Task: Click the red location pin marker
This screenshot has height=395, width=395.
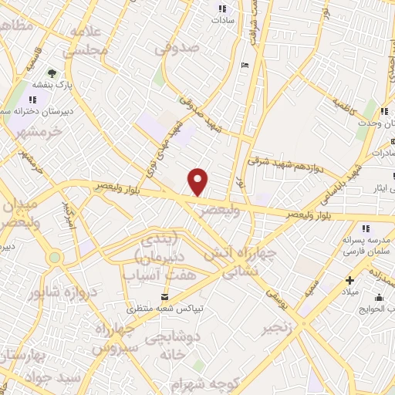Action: point(198,182)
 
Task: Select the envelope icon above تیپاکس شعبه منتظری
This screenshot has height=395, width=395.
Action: point(164,297)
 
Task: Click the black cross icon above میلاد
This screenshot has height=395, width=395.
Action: point(350,279)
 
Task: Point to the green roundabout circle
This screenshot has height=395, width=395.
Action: point(54,258)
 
